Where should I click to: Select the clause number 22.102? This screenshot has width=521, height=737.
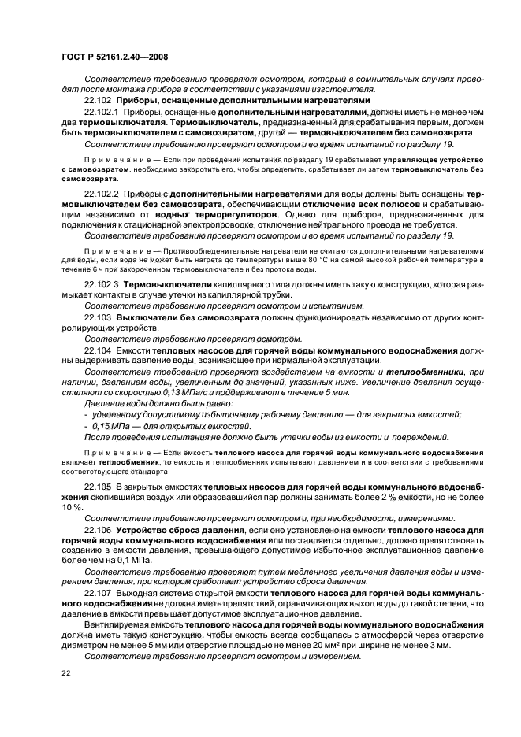point(98,101)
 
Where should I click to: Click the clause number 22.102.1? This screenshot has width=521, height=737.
point(102,113)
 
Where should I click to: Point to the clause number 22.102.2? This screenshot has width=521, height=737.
point(102,194)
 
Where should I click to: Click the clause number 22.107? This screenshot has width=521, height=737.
point(98,591)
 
